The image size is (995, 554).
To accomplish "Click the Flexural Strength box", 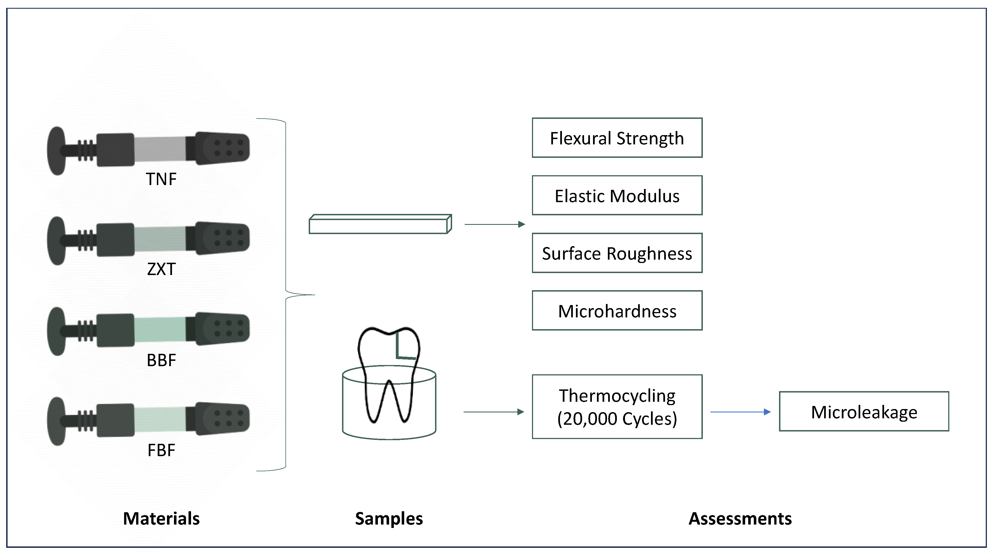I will point(617,138).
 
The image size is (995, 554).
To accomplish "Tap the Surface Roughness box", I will point(617,253).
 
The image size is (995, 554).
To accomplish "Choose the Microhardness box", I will point(617,310).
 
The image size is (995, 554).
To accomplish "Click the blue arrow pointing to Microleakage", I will point(740,412).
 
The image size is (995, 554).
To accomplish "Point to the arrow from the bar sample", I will point(494,224).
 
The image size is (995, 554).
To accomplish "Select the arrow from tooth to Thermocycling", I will point(493,412).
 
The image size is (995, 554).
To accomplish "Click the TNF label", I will point(161,179).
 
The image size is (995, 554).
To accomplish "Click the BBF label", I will point(161,360).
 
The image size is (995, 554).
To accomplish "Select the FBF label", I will point(161,450).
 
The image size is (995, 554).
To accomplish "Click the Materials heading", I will point(161,518).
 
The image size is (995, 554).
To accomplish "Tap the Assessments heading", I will point(740,518).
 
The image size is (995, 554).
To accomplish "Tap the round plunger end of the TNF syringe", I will point(56,151).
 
